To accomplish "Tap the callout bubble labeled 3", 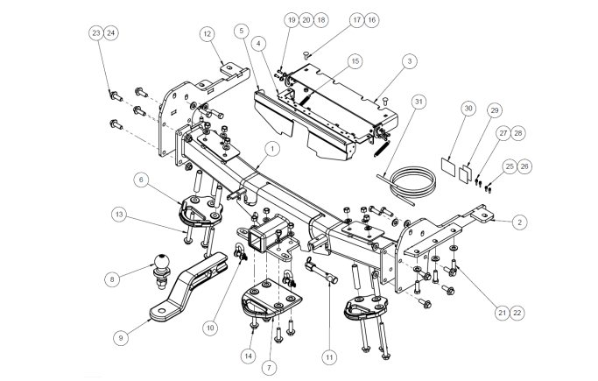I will (409, 61).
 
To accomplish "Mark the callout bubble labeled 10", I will (209, 327).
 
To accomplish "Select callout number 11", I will (329, 356).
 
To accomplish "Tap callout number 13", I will (118, 215).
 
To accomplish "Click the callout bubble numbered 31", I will (419, 102).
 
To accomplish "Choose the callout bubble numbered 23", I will (96, 32).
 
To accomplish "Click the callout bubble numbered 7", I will (268, 367).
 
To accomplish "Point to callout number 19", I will (291, 18).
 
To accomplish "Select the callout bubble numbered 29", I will (495, 110).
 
